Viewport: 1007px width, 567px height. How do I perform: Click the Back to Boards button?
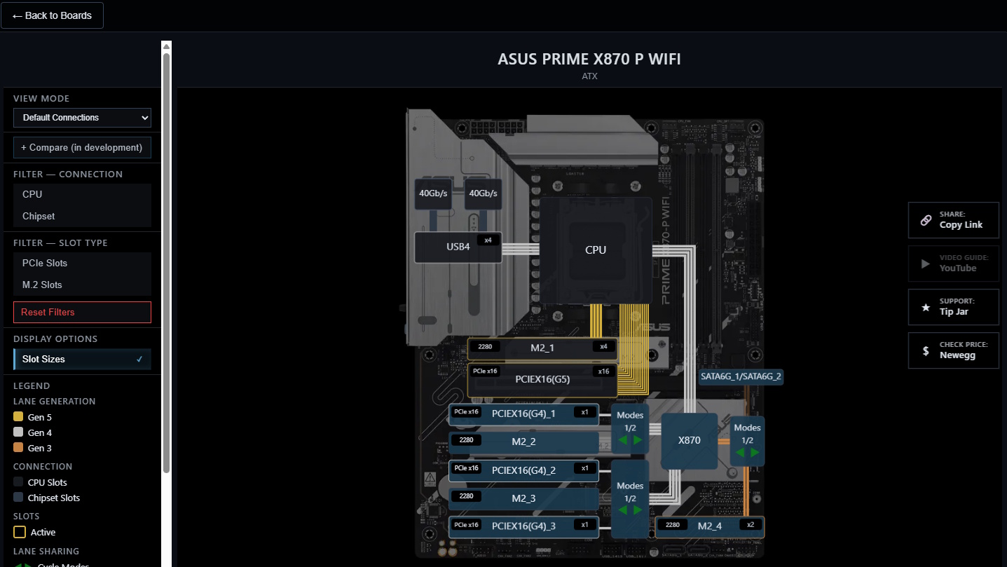pos(52,15)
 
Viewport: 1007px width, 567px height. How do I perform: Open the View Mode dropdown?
pos(83,118)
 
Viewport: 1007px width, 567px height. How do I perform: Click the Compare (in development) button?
pos(82,148)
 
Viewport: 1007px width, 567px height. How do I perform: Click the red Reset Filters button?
pos(82,313)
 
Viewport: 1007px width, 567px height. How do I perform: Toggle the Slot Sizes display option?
pos(82,360)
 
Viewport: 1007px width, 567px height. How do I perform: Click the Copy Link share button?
pos(953,220)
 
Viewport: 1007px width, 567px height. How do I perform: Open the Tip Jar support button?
pos(953,307)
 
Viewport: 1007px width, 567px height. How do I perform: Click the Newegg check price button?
pos(953,350)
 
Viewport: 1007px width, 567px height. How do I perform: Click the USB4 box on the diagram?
pos(458,247)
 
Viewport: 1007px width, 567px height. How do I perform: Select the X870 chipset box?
pos(689,441)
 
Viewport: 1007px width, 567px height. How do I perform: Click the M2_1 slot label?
pos(542,348)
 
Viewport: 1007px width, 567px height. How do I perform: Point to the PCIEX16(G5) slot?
pos(542,380)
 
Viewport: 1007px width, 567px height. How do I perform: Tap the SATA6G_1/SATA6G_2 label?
pos(741,376)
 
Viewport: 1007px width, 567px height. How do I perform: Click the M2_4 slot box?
pos(709,526)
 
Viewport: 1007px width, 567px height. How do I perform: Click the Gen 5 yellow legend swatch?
pos(18,418)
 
